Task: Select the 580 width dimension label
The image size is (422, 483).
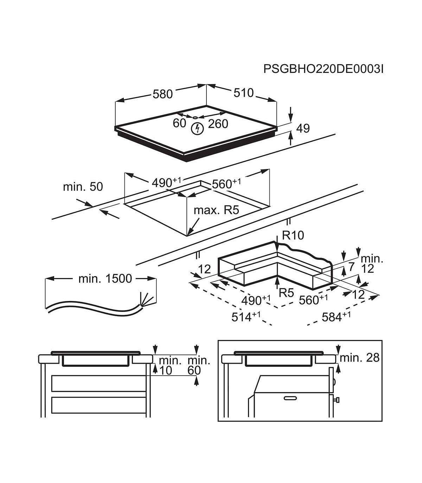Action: pyautogui.click(x=162, y=94)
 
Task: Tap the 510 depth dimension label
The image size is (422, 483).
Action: pyautogui.click(x=243, y=93)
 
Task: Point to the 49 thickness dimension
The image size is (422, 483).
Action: pyautogui.click(x=302, y=128)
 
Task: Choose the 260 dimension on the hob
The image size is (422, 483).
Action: pyautogui.click(x=218, y=124)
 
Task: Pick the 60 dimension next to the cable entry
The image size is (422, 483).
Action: pyautogui.click(x=179, y=123)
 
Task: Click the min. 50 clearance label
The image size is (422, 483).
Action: pyautogui.click(x=83, y=187)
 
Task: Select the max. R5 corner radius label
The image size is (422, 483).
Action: pyautogui.click(x=216, y=211)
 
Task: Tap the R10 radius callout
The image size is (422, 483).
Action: pyautogui.click(x=293, y=235)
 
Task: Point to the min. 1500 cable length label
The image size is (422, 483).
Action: pyautogui.click(x=105, y=279)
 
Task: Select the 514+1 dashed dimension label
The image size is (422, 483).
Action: pyautogui.click(x=246, y=317)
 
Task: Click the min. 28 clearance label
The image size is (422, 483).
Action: pyautogui.click(x=360, y=358)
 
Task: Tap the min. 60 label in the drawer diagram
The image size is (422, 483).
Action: pyautogui.click(x=199, y=365)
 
